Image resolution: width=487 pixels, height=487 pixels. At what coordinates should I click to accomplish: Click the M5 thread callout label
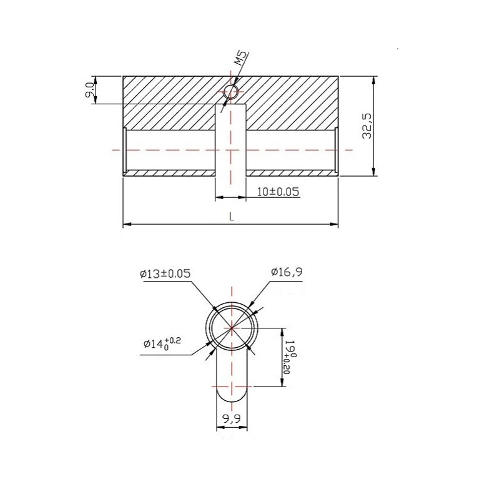(x=241, y=61)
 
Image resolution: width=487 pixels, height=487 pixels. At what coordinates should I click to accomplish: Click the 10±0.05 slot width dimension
(x=278, y=192)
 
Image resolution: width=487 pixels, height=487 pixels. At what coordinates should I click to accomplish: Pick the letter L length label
(x=231, y=216)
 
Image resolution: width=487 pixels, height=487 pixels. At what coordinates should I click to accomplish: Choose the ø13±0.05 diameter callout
(x=165, y=273)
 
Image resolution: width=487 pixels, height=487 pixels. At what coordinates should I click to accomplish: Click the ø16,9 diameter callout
(x=287, y=272)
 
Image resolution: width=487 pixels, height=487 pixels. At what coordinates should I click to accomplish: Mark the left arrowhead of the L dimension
(x=125, y=224)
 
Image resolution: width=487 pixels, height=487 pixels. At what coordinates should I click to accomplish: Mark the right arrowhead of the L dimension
(x=336, y=224)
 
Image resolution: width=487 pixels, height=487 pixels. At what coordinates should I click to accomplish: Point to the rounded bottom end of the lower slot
(x=232, y=396)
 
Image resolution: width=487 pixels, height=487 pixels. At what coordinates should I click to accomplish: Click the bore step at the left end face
(x=126, y=150)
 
